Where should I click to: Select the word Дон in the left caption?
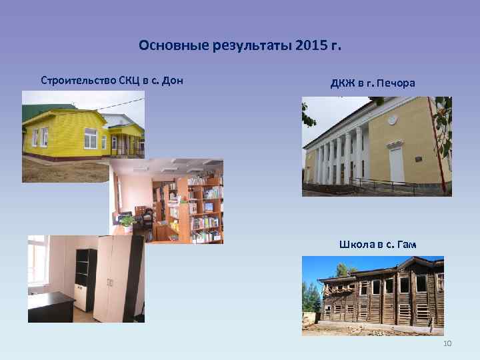[173, 81]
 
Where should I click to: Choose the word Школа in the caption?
[357, 245]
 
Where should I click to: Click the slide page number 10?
[447, 343]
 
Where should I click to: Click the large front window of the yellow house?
[90, 139]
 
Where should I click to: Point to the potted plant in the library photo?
[127, 220]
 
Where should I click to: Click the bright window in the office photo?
[36, 263]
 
